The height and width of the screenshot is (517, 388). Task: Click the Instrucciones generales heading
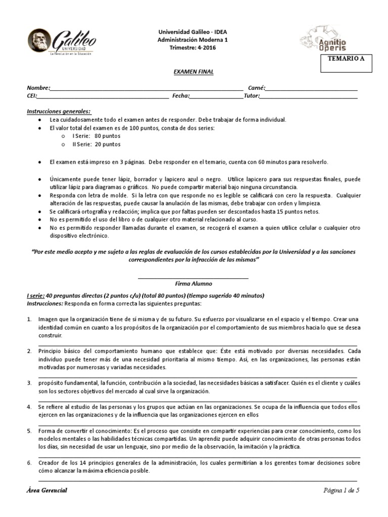point(58,111)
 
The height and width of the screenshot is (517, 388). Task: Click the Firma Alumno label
point(193,284)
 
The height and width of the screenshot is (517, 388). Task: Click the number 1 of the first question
point(29,320)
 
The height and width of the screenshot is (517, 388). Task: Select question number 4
point(29,406)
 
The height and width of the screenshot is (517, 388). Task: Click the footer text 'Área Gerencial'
point(47,490)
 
